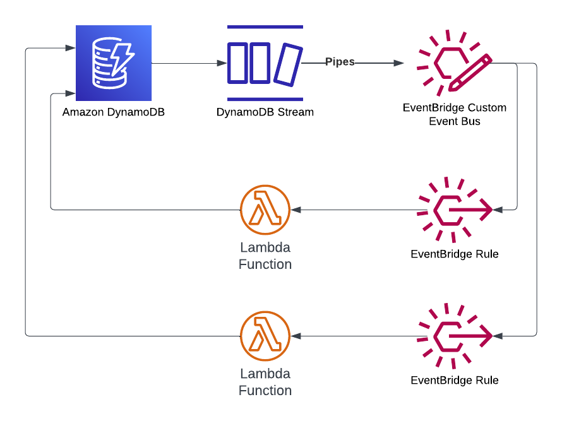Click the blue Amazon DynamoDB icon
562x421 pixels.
pos(114,63)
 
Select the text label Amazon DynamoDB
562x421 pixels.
pos(114,112)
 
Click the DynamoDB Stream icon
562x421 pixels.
pos(265,63)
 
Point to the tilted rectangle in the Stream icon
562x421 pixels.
pos(288,64)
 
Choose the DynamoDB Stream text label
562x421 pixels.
pos(265,112)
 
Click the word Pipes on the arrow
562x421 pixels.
pos(340,62)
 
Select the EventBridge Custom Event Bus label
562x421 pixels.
pos(455,114)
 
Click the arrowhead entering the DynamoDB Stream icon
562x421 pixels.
pos(222,63)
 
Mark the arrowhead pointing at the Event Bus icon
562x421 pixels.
pos(399,63)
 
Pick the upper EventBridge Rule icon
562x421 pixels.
pos(455,210)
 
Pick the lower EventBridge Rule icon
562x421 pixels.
pos(455,336)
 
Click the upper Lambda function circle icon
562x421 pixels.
pos(265,210)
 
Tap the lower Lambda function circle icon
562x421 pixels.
pos(265,336)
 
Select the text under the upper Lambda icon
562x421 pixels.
pos(265,255)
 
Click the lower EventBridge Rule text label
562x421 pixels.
pos(455,380)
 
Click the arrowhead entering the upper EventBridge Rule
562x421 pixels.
pos(499,210)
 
